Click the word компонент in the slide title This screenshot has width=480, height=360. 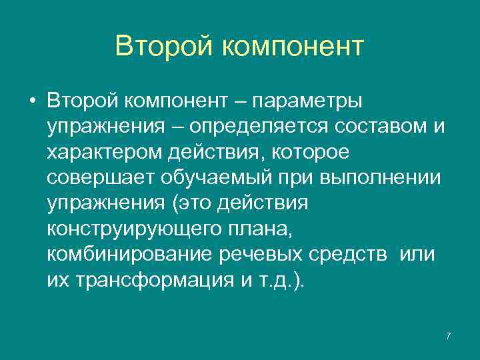pos(292,47)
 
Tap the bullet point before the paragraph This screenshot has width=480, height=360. pos(32,101)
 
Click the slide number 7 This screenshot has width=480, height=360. pos(448,336)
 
